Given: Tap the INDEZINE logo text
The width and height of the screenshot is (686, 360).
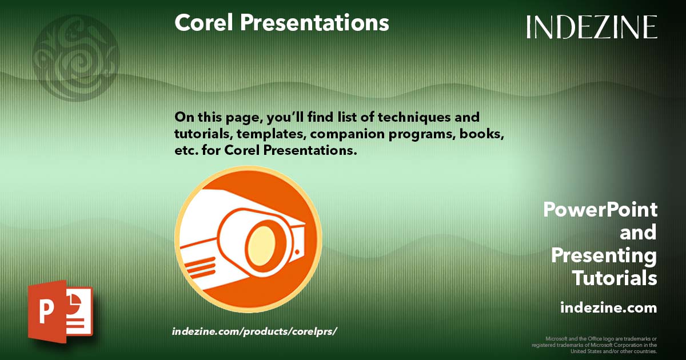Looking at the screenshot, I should click(592, 27).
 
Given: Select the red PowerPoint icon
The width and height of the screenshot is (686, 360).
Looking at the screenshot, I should click(59, 311).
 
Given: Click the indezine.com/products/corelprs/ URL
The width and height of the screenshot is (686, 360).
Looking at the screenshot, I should click(252, 331).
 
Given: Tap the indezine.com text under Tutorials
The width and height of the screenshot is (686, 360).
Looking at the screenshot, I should click(608, 307).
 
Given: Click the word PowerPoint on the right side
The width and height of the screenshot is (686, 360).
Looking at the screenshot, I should click(600, 210).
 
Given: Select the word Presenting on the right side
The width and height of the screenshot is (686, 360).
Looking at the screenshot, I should click(604, 255).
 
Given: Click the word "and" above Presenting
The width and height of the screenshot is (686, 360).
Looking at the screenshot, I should click(638, 233).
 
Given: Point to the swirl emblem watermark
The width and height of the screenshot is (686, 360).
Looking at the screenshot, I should click(76, 57).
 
